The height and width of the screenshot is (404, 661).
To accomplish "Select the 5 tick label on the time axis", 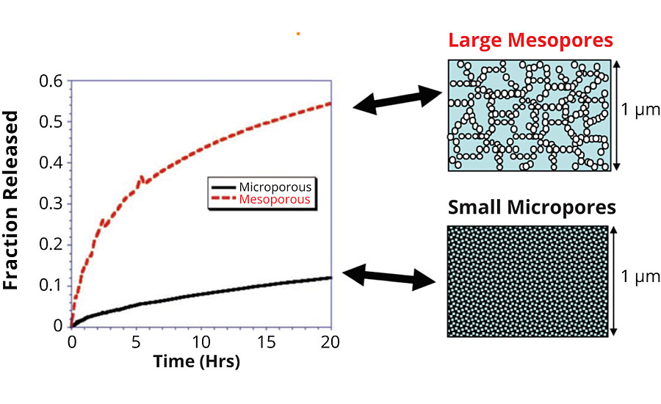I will (x=137, y=342).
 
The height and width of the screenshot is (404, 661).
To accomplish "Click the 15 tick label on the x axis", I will (x=266, y=342).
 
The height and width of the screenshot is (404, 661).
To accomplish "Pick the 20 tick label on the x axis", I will (x=330, y=342).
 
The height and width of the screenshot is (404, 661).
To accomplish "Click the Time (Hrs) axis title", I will (x=196, y=361).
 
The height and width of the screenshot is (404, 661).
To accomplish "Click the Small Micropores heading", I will (x=531, y=208).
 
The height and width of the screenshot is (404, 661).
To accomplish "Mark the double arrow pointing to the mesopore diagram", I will (x=397, y=100).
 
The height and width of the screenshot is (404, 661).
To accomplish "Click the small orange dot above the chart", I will (x=297, y=33).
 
